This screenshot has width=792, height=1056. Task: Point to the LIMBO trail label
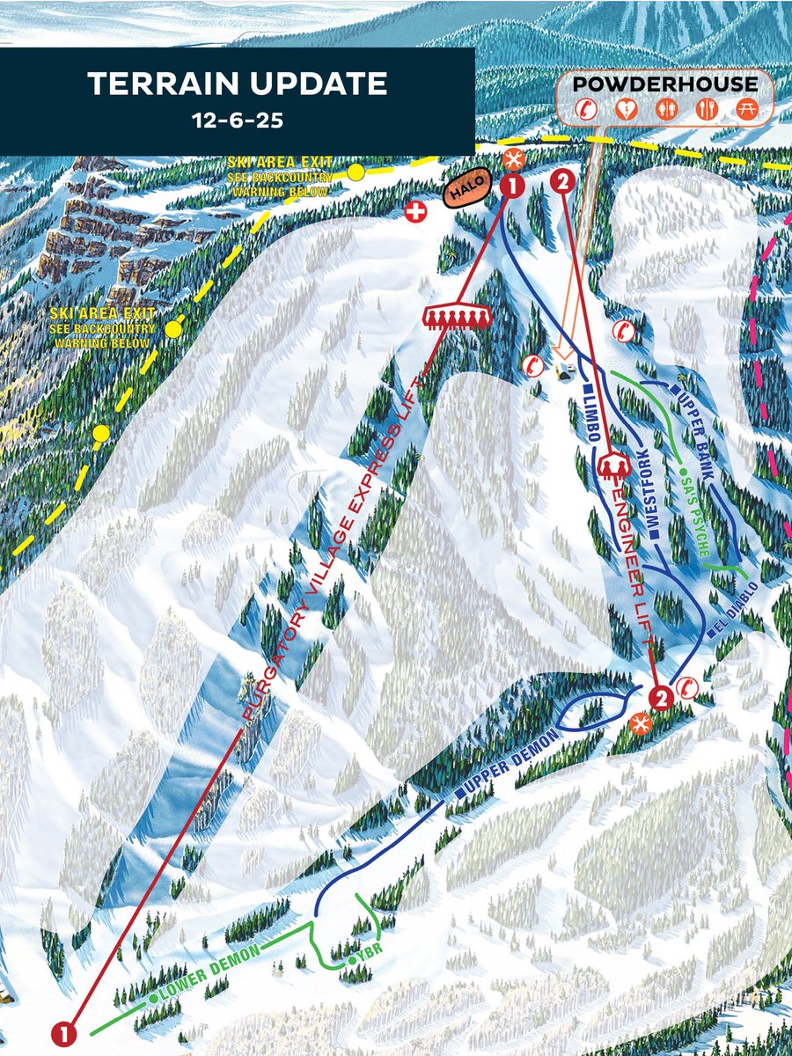592,414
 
